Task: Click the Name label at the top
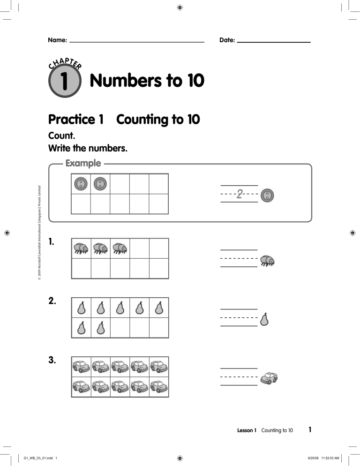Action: [x=57, y=40]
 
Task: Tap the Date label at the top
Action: [x=227, y=40]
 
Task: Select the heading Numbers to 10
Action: [x=147, y=82]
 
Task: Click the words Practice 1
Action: [x=75, y=120]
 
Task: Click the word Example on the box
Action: [x=83, y=164]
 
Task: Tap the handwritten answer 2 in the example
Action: [x=240, y=194]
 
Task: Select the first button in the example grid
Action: [x=81, y=184]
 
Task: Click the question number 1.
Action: [x=52, y=242]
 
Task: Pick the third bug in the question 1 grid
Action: [x=120, y=248]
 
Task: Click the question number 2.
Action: [x=53, y=301]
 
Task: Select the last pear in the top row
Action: [x=158, y=308]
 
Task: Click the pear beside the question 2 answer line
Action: [x=264, y=319]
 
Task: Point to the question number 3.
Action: [x=53, y=361]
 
